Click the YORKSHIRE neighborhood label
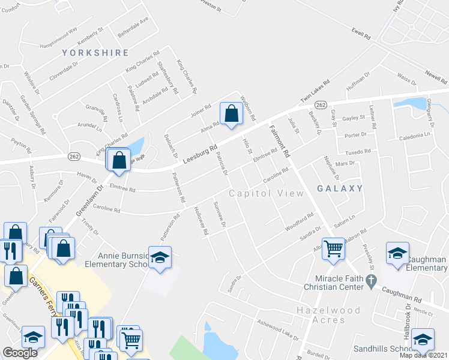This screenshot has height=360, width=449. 95,53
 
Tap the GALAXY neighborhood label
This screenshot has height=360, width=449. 340,188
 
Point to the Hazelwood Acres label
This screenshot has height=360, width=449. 328,315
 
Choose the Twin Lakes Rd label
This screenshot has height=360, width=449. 316,91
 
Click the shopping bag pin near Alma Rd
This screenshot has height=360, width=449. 231,113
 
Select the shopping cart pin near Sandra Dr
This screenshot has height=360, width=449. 333,248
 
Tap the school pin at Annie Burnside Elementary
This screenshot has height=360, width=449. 160,258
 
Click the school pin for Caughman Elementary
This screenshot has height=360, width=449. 397,254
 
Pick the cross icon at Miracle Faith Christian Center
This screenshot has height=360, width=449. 372,280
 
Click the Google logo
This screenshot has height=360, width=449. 20,352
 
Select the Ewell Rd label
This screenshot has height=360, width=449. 361,34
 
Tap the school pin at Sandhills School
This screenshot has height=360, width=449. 423,340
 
